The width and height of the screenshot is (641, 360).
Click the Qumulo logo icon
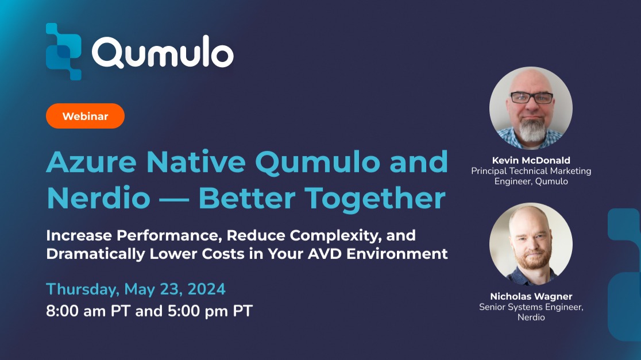pyautogui.click(x=64, y=51)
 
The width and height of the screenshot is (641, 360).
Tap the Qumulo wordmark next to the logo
pyautogui.click(x=163, y=53)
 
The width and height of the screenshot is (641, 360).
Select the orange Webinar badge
pyautogui.click(x=85, y=116)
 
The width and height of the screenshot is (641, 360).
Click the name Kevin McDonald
pyautogui.click(x=531, y=160)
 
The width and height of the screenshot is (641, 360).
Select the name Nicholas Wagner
pyautogui.click(x=531, y=296)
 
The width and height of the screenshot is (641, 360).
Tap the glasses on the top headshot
pyautogui.click(x=531, y=98)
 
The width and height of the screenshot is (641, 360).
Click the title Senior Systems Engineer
pyautogui.click(x=531, y=307)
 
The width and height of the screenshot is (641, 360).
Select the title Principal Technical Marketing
pyautogui.click(x=531, y=171)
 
